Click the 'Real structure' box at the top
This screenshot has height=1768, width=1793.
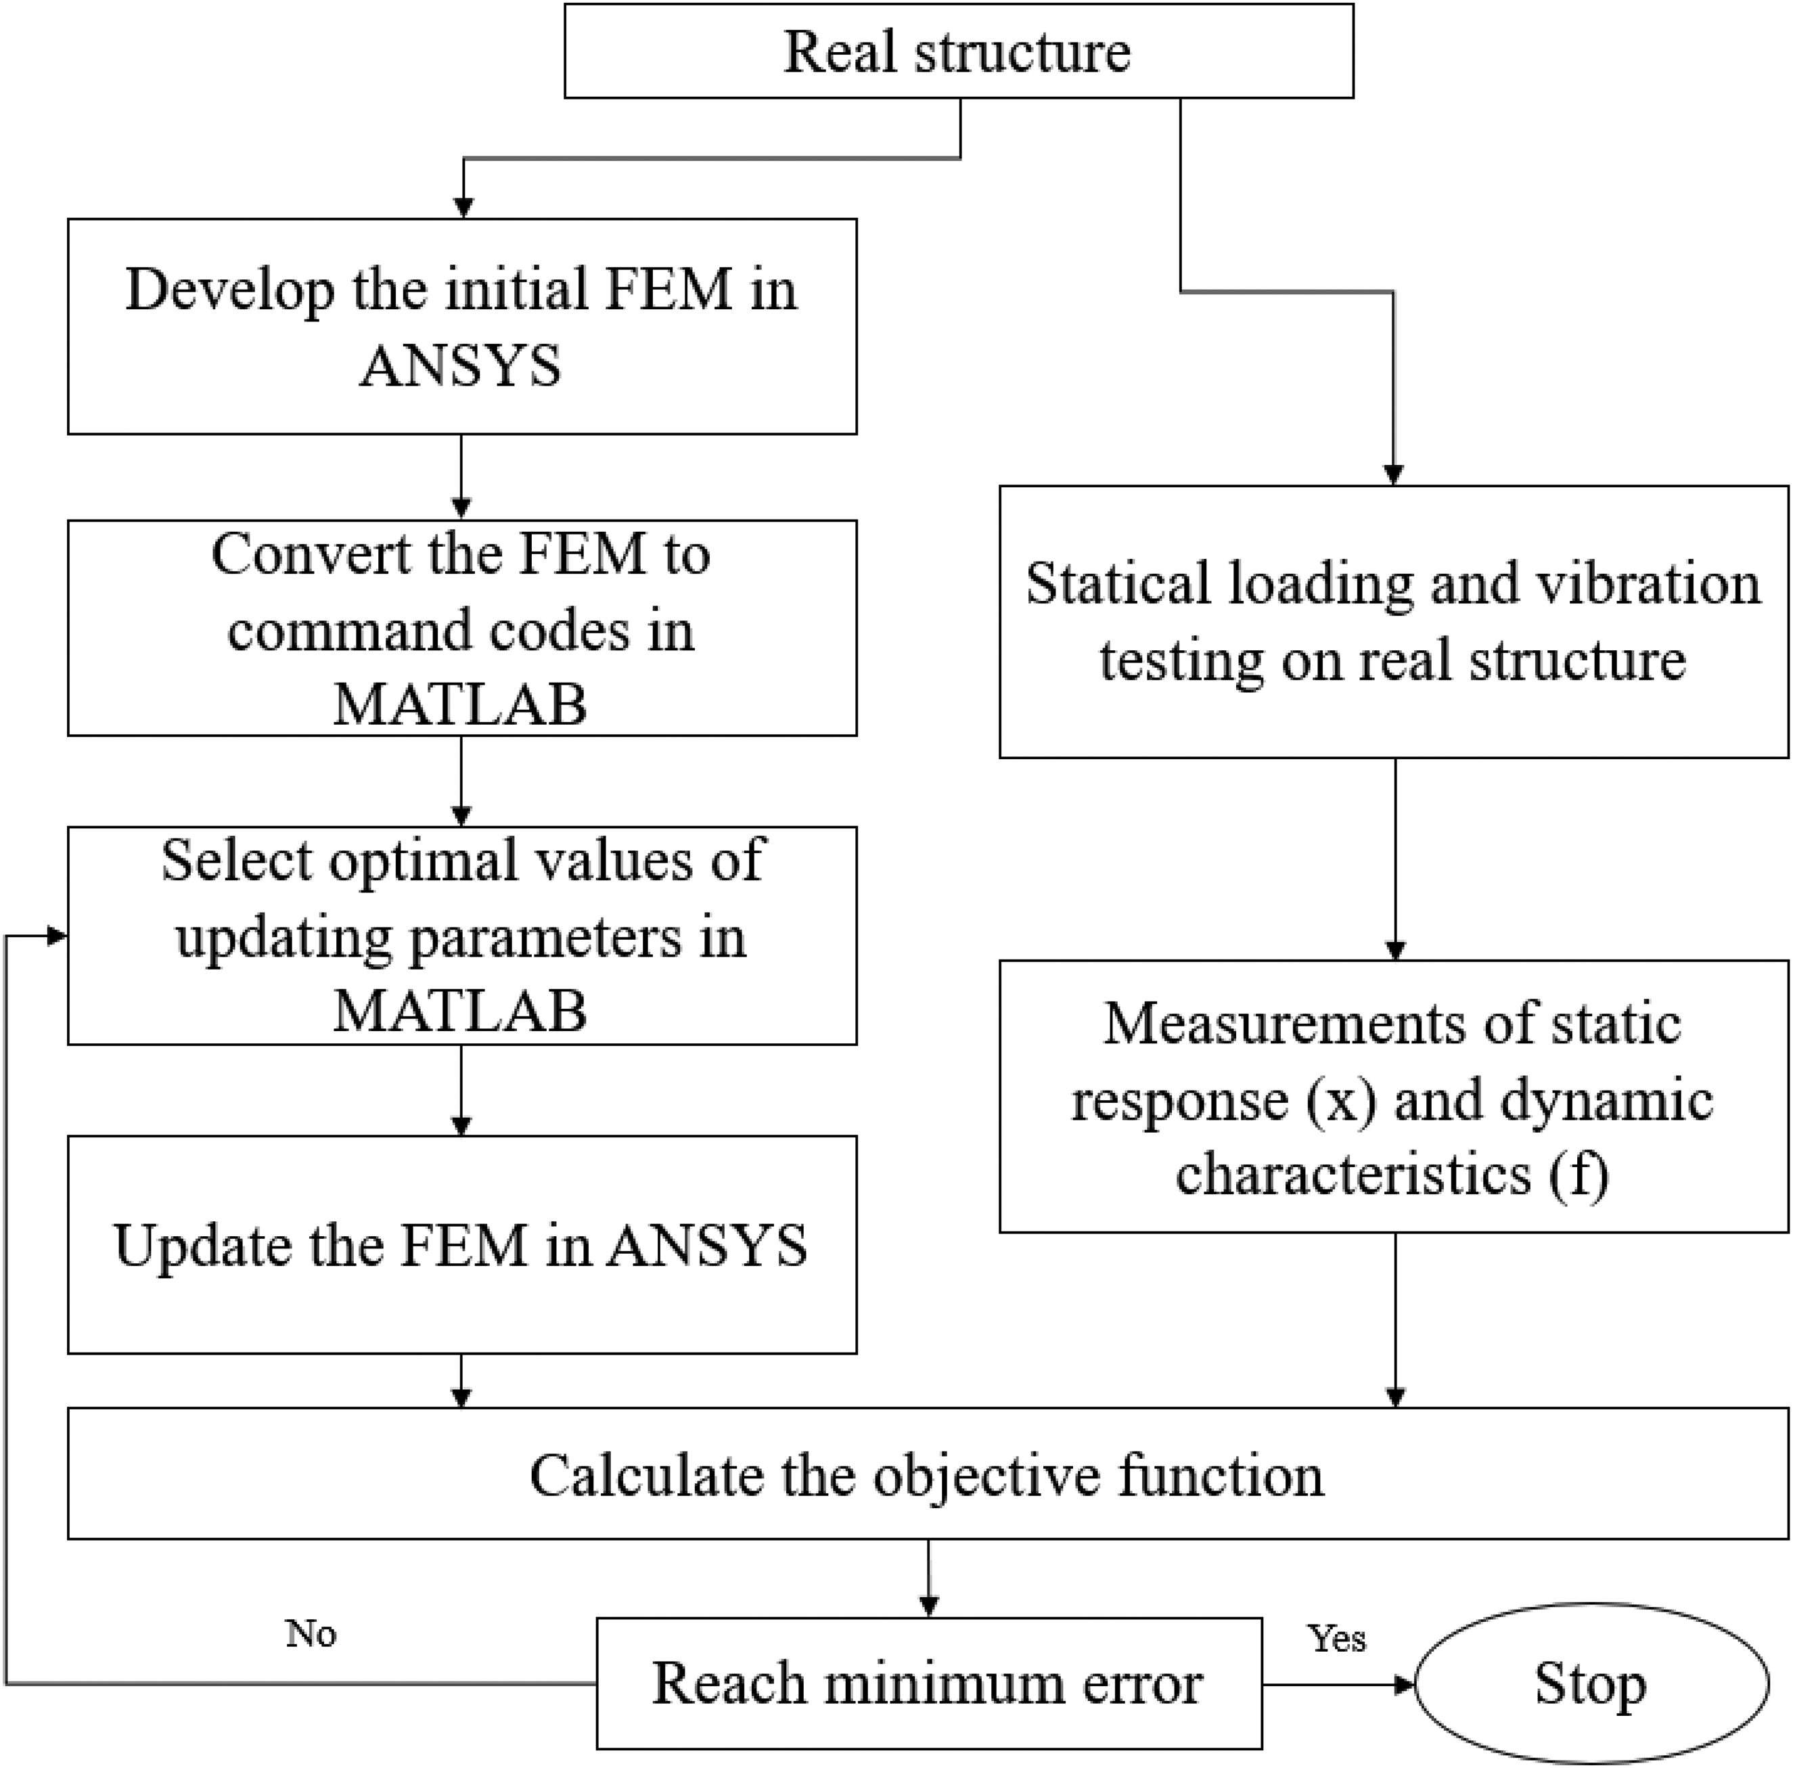tap(959, 51)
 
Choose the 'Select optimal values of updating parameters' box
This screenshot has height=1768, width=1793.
tap(462, 936)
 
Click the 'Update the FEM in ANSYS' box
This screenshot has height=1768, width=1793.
tap(462, 1244)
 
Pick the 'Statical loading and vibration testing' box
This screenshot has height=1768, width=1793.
tap(1394, 622)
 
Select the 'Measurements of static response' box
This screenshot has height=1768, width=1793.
tap(1394, 1096)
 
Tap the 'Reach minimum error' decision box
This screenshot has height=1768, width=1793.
tap(929, 1683)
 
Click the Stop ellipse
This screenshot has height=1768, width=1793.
tap(1591, 1683)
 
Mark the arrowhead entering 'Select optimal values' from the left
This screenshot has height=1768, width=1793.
tap(58, 936)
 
